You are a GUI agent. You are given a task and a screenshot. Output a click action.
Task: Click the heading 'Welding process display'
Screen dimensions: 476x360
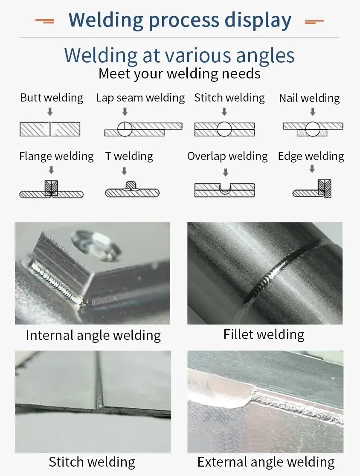point(180,20)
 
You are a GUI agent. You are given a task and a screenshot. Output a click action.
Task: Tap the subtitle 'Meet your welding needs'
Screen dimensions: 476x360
point(179,73)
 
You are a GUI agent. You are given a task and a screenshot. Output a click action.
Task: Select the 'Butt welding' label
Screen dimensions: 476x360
point(52,98)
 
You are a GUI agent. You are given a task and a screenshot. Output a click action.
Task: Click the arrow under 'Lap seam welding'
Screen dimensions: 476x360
point(125,112)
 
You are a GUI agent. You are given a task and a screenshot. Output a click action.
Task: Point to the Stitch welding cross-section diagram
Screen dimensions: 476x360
point(224,129)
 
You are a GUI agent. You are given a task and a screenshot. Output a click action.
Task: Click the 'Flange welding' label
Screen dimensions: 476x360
point(56,156)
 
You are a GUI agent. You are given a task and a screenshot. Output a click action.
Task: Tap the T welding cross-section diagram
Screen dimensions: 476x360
point(132,190)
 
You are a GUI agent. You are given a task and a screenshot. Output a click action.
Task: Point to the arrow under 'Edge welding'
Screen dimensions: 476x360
point(312,168)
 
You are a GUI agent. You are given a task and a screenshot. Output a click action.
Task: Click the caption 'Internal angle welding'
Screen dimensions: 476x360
point(93,335)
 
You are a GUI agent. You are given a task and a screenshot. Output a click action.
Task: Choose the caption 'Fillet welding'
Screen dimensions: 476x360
point(264,334)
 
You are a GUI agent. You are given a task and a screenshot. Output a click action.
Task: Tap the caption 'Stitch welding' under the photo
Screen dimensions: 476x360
point(92,462)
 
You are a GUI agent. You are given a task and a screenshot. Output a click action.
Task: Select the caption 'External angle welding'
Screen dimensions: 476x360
point(266,462)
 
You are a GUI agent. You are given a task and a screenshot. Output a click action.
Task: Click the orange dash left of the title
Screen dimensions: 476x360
point(45,20)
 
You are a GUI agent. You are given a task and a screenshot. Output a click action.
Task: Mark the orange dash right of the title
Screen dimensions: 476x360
point(314,20)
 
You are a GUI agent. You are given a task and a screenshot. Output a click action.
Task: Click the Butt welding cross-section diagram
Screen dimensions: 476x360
point(50,129)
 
